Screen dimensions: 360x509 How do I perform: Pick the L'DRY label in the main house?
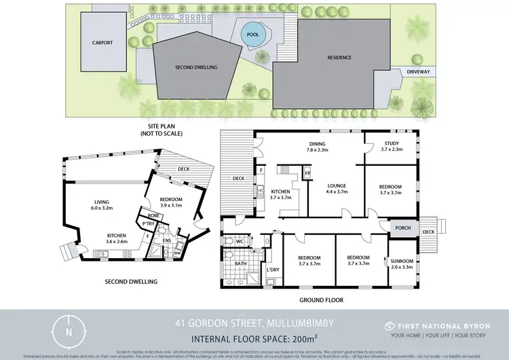click(274, 270)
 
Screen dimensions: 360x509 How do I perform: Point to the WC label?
click(240, 240)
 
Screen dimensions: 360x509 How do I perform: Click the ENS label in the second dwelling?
click(166, 239)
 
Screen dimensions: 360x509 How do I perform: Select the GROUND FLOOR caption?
click(321, 300)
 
